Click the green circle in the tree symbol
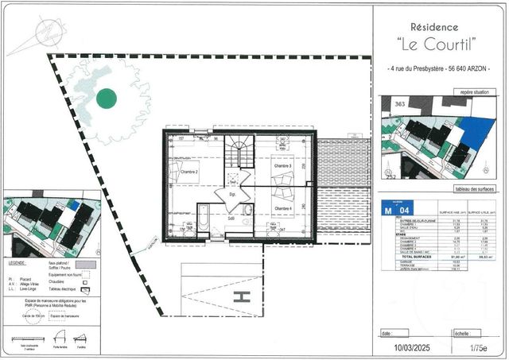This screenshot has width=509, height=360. click(106, 99)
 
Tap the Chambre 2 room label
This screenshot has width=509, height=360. click(188, 172)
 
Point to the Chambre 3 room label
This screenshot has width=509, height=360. click(282, 166)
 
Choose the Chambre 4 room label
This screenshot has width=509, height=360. click(283, 208)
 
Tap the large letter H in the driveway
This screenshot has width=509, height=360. click(243, 296)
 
